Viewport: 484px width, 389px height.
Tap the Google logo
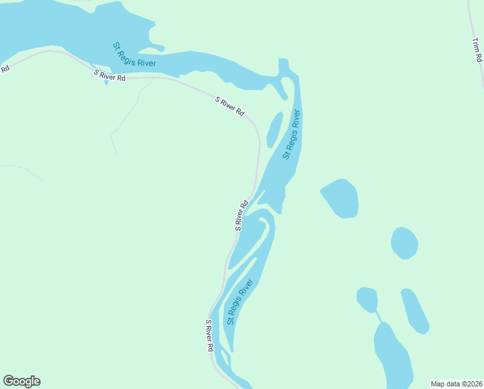coord(21,381)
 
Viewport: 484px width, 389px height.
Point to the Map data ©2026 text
coord(456,383)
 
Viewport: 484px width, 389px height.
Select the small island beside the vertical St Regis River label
coord(274,129)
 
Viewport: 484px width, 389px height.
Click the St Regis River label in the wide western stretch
coord(134,54)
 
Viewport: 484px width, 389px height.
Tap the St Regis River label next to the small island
coord(292,135)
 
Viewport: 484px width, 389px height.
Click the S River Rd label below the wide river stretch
coord(109,75)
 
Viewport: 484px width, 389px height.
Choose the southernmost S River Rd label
coord(210,335)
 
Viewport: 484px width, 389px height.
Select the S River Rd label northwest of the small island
coord(230,106)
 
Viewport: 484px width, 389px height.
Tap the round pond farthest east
coord(404,243)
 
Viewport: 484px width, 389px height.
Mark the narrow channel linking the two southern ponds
coord(379,316)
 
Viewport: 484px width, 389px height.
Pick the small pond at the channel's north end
coord(367,299)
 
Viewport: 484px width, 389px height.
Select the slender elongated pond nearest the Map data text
coord(415,311)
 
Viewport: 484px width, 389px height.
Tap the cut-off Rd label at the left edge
coord(5,68)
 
